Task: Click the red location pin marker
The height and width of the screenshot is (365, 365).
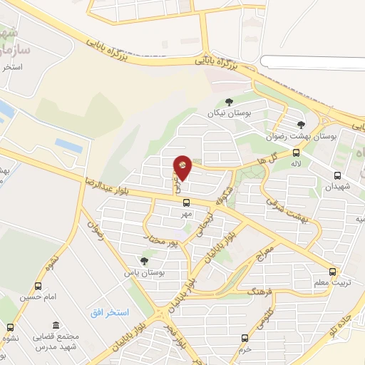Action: (x=182, y=168)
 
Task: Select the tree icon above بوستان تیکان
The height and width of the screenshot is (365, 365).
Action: (x=228, y=102)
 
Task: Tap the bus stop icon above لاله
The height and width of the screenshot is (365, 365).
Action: (x=296, y=152)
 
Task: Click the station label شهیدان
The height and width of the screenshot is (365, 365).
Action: (x=337, y=187)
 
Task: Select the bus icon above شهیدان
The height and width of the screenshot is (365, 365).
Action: (x=337, y=175)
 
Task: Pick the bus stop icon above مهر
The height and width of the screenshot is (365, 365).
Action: (x=187, y=202)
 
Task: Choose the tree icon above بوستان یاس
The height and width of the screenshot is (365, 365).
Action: (x=145, y=261)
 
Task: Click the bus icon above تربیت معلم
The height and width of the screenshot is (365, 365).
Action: (x=333, y=272)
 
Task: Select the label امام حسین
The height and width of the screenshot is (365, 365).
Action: (x=36, y=297)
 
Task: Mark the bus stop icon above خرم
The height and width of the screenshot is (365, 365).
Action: (x=245, y=338)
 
